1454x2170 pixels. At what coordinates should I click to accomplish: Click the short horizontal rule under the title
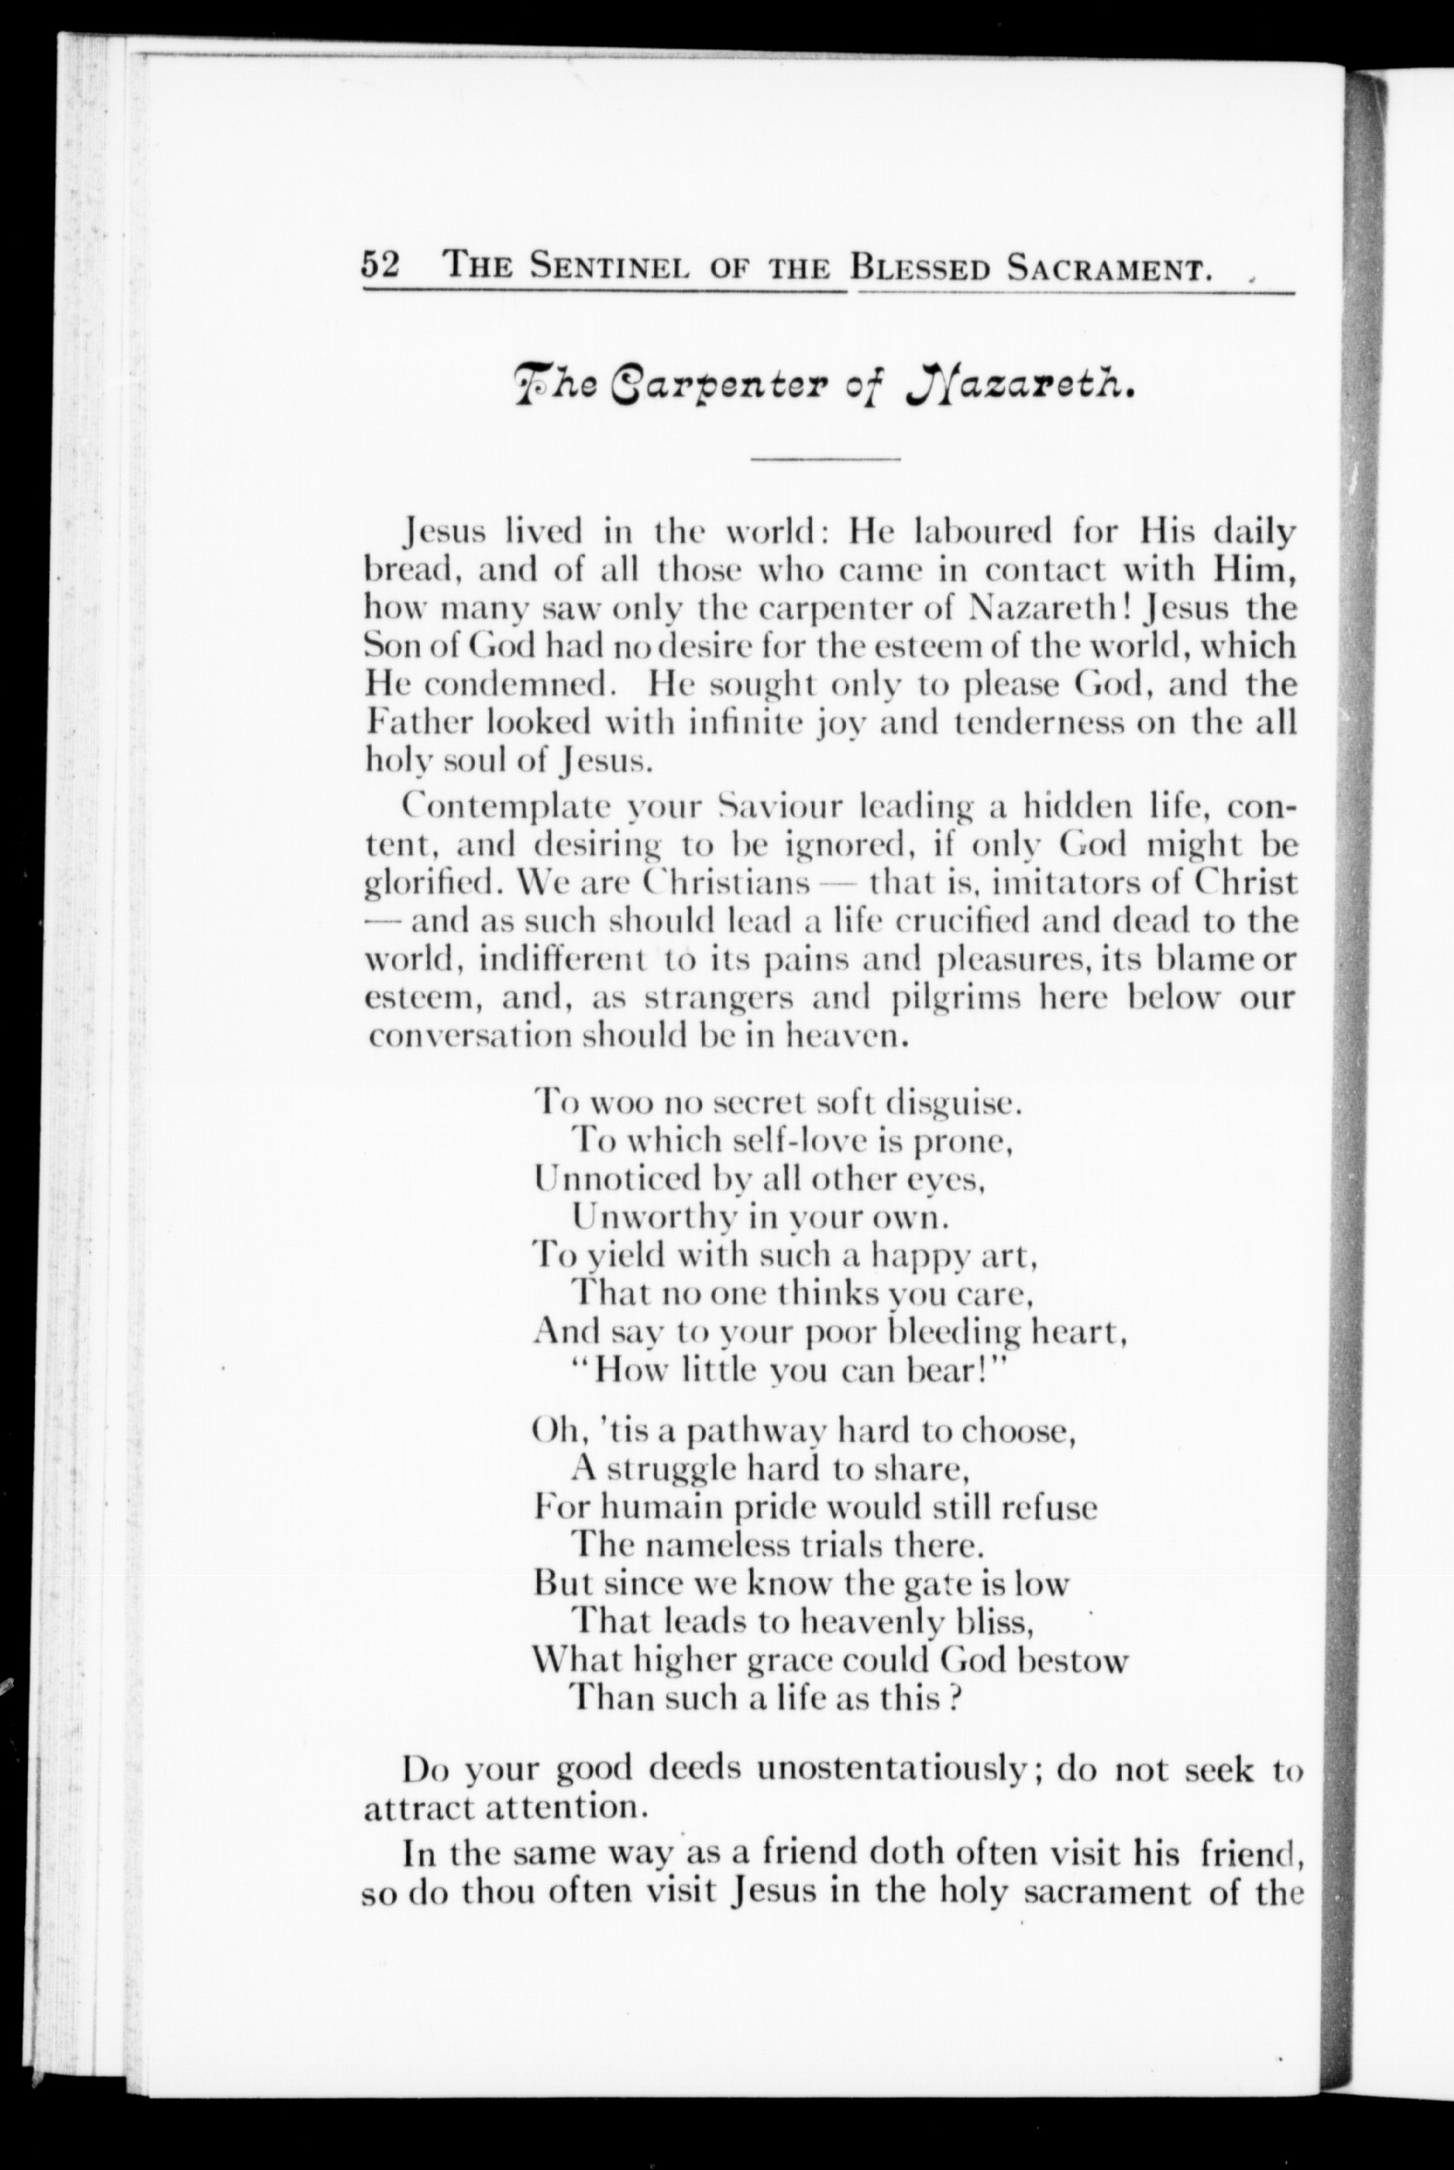(826, 459)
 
